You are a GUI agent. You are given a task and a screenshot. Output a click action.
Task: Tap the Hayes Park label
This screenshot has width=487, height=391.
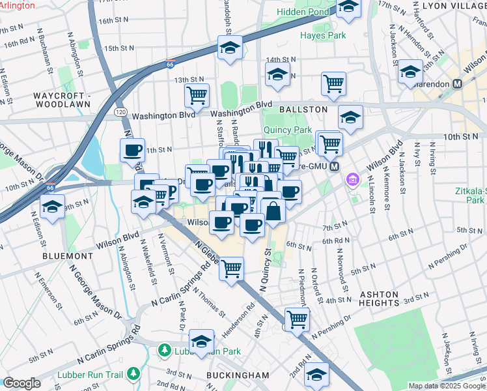pyautogui.click(x=324, y=35)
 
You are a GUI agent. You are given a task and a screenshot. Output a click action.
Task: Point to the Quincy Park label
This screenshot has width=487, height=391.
pyautogui.click(x=289, y=130)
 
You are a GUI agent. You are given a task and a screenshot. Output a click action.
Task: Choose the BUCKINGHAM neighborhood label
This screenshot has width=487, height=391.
pyautogui.click(x=238, y=375)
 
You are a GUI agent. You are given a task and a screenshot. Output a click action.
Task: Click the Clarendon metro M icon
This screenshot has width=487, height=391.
pyautogui.click(x=457, y=83)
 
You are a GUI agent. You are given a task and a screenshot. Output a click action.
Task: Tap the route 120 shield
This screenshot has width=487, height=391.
pyautogui.click(x=120, y=112)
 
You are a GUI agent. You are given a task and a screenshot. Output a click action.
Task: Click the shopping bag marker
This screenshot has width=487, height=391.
pyautogui.click(x=273, y=210)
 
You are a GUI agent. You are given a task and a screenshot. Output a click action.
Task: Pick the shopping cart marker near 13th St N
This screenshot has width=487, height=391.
pyautogui.click(x=197, y=95)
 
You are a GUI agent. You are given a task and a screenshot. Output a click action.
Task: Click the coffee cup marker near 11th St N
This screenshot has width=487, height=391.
pyautogui.click(x=133, y=150)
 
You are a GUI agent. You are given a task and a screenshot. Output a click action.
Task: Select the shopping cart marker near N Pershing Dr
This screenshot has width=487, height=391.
pyautogui.click(x=297, y=319)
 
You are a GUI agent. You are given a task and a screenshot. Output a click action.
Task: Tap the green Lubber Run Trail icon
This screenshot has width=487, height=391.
pyautogui.click(x=133, y=373)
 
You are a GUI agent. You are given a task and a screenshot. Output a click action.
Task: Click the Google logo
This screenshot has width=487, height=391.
pyautogui.click(x=21, y=383)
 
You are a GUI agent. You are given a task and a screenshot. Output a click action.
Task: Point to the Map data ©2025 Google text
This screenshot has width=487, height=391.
pyautogui.click(x=446, y=386)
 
